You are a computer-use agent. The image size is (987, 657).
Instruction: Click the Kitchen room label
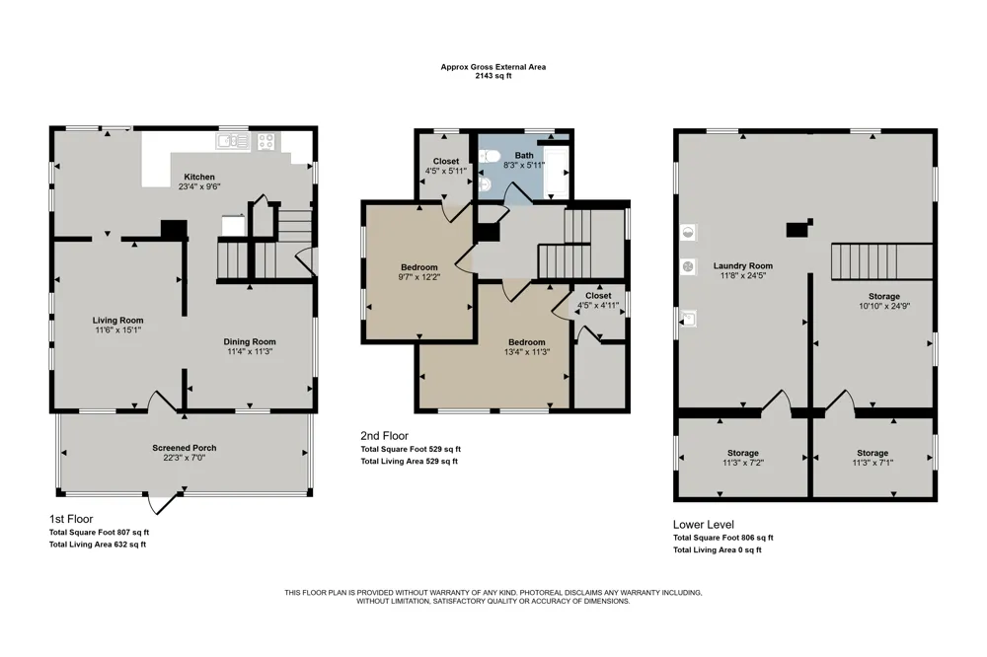[x=199, y=177]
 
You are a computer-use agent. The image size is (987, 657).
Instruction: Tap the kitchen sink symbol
[x=233, y=141]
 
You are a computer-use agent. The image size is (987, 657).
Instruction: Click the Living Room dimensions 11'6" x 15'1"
[x=117, y=329]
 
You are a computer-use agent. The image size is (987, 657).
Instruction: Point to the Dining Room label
[x=250, y=341]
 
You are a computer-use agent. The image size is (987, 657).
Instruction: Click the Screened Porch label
[x=184, y=448]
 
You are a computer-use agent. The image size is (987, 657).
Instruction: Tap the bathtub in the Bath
[x=556, y=172]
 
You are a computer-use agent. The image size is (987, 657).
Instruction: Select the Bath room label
[x=524, y=156]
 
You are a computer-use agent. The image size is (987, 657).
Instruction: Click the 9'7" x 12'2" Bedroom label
[x=418, y=267]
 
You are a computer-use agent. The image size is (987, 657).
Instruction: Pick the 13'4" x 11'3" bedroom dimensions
[x=527, y=352]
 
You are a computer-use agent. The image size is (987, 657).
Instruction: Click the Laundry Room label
[x=743, y=265]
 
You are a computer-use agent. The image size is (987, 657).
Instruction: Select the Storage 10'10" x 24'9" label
[x=883, y=296]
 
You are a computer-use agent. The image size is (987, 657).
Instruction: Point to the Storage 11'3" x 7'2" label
[x=743, y=453]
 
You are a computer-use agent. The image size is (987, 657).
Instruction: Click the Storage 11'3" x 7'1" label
[x=872, y=453]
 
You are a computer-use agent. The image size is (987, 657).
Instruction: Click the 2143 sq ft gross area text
[x=493, y=76]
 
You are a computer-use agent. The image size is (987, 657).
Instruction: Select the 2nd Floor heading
[x=385, y=435]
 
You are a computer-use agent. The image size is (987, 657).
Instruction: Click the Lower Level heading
[x=703, y=524]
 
